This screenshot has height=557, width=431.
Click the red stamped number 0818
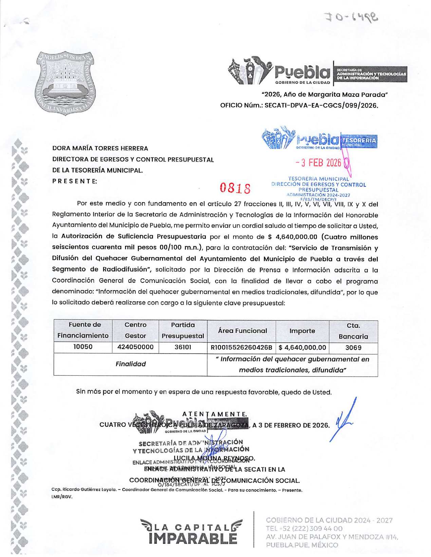pyautogui.click(x=235, y=188)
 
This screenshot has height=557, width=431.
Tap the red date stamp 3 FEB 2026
pyautogui.click(x=318, y=163)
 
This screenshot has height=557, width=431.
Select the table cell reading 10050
pyautogui.click(x=83, y=347)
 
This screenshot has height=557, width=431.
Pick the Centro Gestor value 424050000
pyautogui.click(x=135, y=347)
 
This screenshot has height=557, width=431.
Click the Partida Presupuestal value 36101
pyautogui.click(x=183, y=347)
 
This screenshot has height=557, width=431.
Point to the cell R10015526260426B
pyautogui.click(x=241, y=348)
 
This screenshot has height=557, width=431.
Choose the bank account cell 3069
pyautogui.click(x=353, y=348)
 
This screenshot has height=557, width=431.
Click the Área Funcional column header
pyautogui.click(x=242, y=331)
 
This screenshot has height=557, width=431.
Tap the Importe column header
pyautogui.click(x=302, y=331)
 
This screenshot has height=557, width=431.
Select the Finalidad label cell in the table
pyautogui.click(x=130, y=364)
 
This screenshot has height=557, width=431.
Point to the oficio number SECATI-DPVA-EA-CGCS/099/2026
pyautogui.click(x=321, y=106)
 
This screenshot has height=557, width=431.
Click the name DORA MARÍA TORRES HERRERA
pyautogui.click(x=100, y=148)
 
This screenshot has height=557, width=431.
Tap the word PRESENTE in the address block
pyautogui.click(x=74, y=181)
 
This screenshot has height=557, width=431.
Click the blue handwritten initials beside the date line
pyautogui.click(x=344, y=420)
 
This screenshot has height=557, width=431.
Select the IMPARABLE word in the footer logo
pyautogui.click(x=192, y=539)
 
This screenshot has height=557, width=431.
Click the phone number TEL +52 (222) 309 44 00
pyautogui.click(x=304, y=528)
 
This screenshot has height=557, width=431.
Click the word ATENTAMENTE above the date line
pyautogui.click(x=214, y=414)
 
